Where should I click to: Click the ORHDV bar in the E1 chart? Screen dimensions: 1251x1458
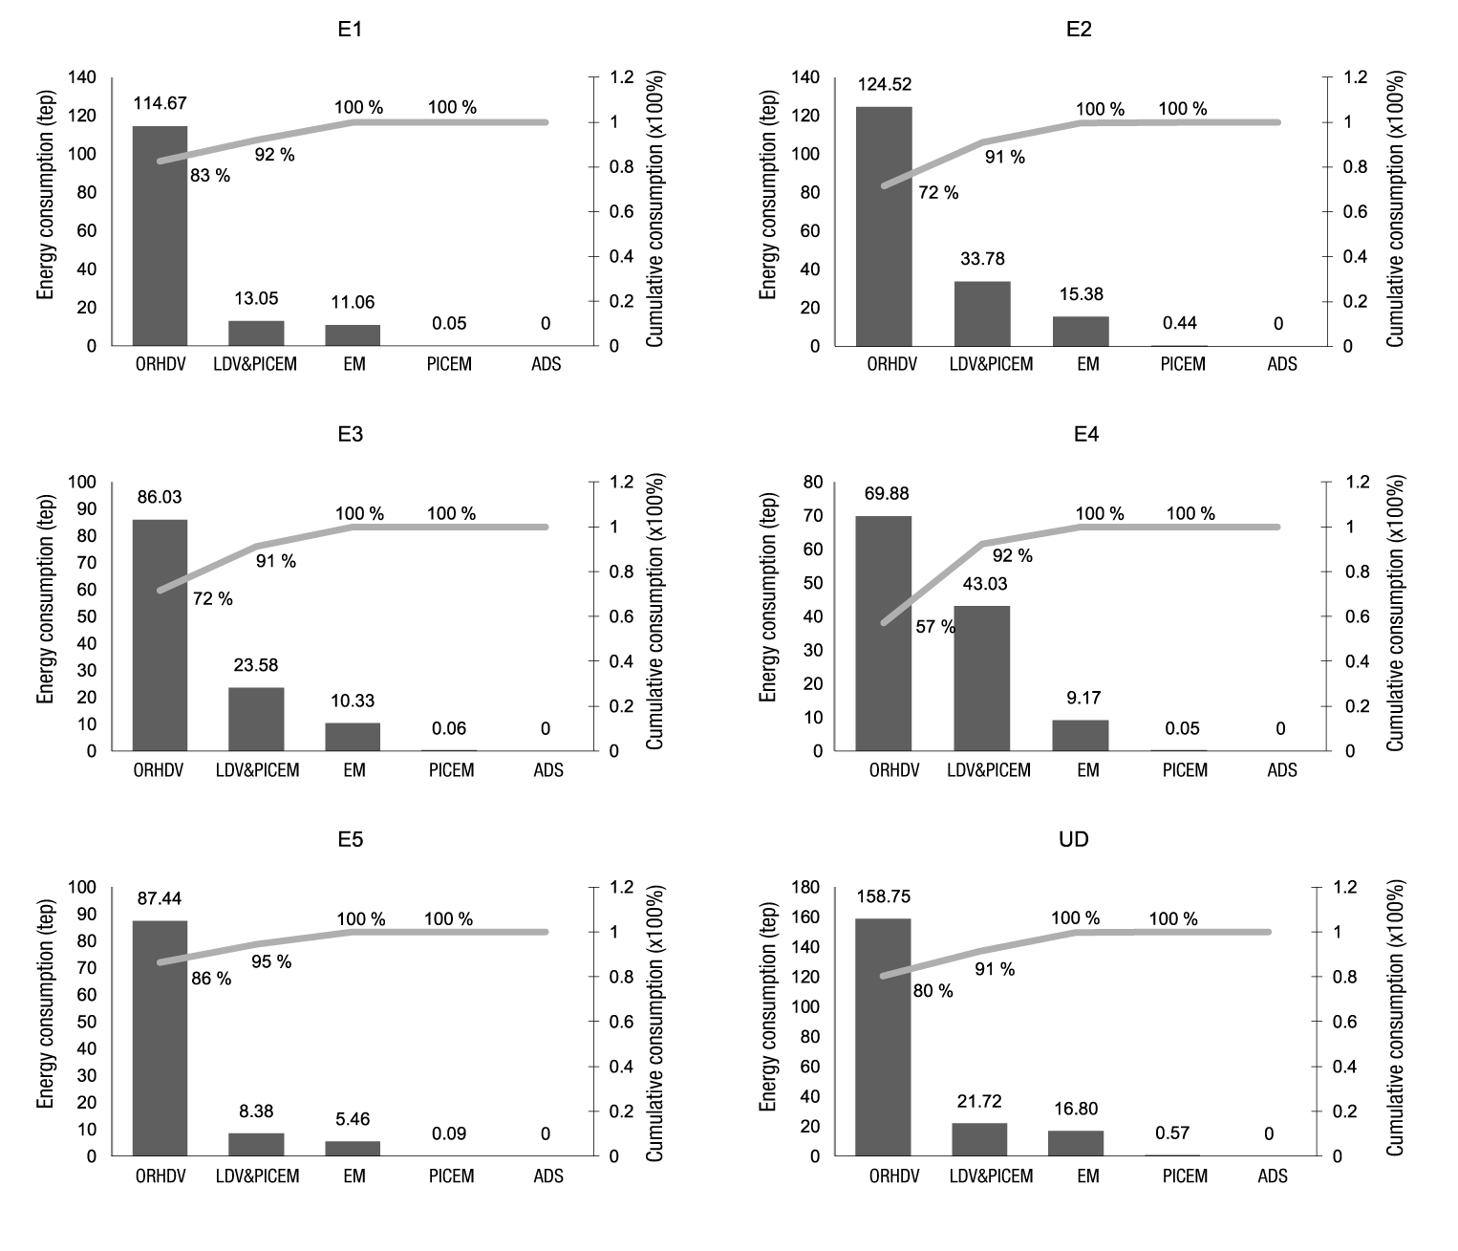click(x=160, y=235)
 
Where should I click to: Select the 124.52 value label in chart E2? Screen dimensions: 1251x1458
click(x=885, y=84)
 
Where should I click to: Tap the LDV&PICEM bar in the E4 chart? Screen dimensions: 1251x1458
click(x=981, y=678)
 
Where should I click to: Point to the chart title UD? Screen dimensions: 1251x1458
click(x=1074, y=839)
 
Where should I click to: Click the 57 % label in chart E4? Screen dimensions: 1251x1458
click(x=935, y=627)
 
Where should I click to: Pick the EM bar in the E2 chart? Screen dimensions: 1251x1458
click(x=1082, y=331)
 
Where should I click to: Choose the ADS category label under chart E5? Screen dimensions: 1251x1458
click(x=547, y=1176)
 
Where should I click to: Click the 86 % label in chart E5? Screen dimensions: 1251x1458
click(x=211, y=979)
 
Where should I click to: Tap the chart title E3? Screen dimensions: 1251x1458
click(x=350, y=434)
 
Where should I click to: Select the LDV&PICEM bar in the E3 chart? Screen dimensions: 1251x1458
click(x=256, y=719)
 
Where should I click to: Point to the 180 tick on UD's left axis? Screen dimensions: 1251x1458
click(x=807, y=888)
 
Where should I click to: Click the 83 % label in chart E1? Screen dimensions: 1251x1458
click(x=210, y=176)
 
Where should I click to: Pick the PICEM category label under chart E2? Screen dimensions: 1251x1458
click(x=1183, y=364)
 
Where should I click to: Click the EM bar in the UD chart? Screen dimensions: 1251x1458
click(x=1076, y=1143)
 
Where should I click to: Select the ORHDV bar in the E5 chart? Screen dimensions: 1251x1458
click(x=160, y=1038)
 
